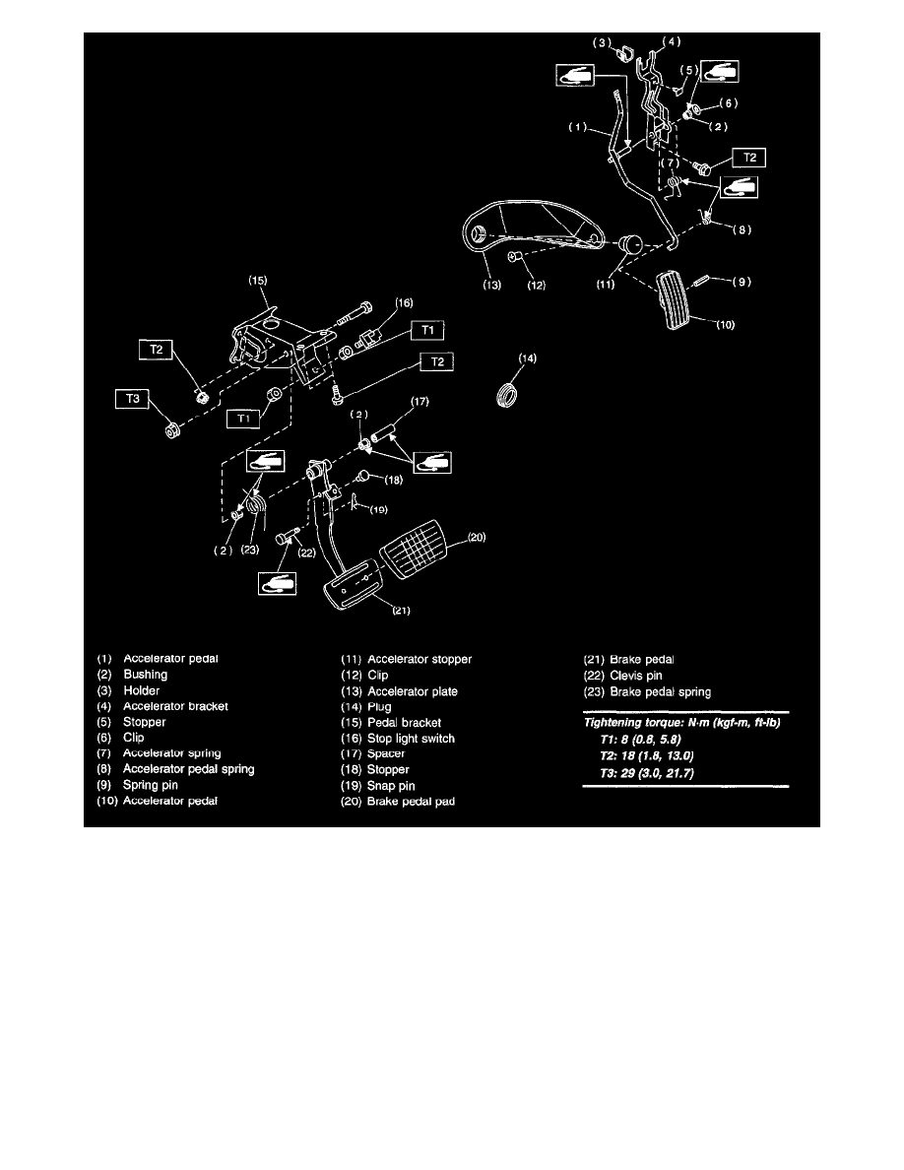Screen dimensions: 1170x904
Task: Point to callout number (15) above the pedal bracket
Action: pos(257,281)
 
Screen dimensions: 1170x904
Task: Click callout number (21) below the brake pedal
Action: pos(402,610)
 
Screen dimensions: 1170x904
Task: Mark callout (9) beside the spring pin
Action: pos(741,281)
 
